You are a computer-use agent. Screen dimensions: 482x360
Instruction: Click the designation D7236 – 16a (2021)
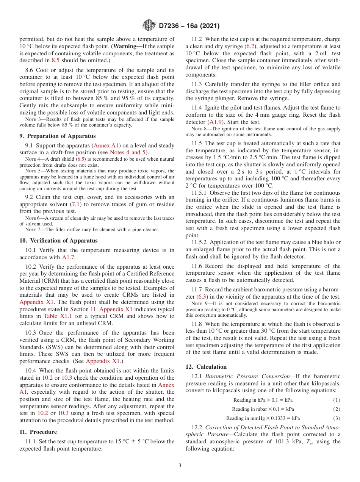(x=189, y=26)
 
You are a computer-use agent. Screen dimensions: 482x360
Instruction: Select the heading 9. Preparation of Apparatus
(x=58, y=136)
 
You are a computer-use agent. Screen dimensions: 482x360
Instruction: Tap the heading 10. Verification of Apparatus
(x=58, y=241)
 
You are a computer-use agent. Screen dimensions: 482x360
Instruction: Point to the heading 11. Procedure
(x=38, y=432)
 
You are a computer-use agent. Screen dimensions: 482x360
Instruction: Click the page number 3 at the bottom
(x=180, y=465)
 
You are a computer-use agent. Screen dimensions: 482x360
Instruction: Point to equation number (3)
(x=337, y=418)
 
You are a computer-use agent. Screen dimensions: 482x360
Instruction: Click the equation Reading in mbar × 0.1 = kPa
(x=263, y=409)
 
